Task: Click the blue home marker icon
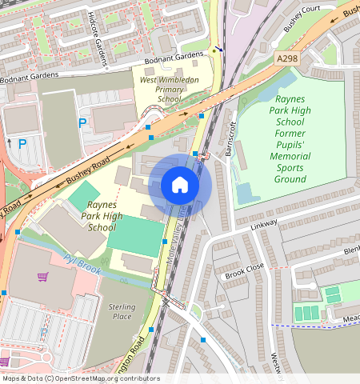pos(180,185)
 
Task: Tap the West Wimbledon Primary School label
pos(170,90)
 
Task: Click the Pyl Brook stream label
pos(82,264)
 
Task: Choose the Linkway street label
pos(262,226)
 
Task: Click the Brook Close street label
pos(244,270)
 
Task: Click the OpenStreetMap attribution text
pos(80,378)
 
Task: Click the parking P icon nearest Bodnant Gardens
pos(82,123)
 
